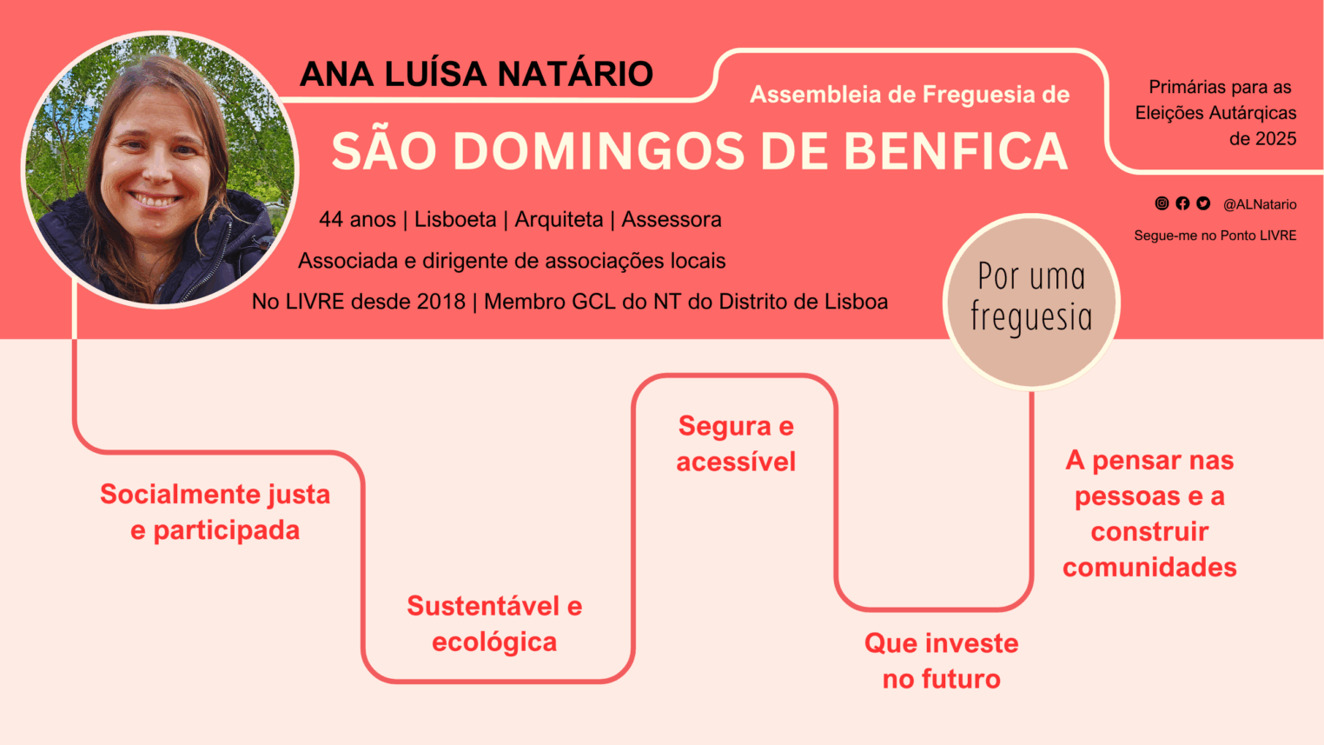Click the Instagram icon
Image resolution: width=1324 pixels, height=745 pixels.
click(x=1162, y=203)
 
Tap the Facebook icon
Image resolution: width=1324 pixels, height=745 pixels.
click(x=1182, y=203)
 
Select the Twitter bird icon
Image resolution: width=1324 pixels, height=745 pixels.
click(x=1203, y=203)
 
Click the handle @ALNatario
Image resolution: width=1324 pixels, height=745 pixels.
click(x=1260, y=204)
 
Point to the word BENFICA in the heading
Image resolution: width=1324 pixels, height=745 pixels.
click(x=956, y=151)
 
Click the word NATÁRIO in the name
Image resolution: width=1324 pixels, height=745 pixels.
click(x=575, y=74)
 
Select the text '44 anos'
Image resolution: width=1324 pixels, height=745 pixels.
click(x=357, y=219)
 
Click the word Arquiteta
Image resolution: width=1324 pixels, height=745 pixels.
click(x=559, y=219)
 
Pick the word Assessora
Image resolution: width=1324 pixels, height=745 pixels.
click(x=672, y=219)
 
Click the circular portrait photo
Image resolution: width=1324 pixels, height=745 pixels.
click(x=160, y=170)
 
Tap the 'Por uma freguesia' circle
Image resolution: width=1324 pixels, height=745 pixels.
click(x=1031, y=302)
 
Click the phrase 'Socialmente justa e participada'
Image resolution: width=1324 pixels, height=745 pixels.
click(x=215, y=512)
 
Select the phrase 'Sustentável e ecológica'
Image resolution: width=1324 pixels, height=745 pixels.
click(x=494, y=624)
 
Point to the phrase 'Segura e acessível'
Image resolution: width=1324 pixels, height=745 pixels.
click(x=736, y=443)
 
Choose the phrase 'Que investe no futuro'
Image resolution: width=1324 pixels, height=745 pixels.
click(x=942, y=661)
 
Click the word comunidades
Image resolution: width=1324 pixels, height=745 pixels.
click(x=1149, y=568)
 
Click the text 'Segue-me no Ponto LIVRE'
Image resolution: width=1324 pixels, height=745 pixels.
click(x=1215, y=236)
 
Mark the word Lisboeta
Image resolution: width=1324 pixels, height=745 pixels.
click(x=455, y=219)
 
